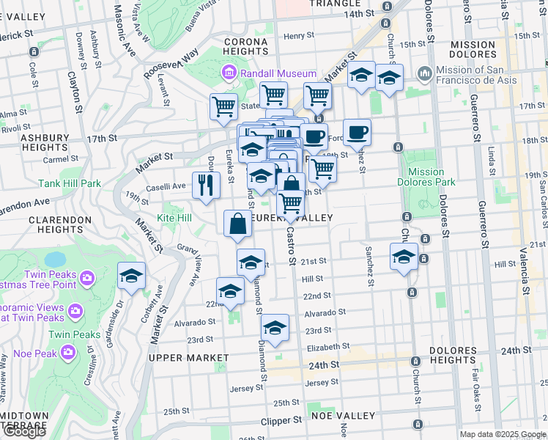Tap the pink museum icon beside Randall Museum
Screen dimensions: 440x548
(229, 73)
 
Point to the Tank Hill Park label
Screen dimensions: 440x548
(70, 183)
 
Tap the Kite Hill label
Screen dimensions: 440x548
(174, 218)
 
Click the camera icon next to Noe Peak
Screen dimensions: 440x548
(68, 353)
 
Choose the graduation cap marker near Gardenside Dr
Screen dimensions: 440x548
(131, 276)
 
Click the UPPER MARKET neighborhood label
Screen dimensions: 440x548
(188, 357)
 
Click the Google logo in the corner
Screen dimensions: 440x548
(24, 431)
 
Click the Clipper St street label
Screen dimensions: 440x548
(281, 421)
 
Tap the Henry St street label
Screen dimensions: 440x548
(299, 35)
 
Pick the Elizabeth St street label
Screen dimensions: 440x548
(328, 346)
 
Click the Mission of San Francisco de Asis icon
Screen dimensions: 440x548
(424, 74)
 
